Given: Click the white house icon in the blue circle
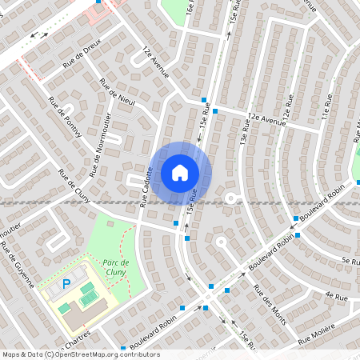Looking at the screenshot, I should coord(180,172).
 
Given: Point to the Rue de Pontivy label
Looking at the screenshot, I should coord(65,117).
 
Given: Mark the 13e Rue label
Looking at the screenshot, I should coord(242,138).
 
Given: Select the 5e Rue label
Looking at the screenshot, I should coord(350,261).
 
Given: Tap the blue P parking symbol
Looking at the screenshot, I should coord(67,284).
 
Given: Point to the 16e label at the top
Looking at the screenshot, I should coord(190,9).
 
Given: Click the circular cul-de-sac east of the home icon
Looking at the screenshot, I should coord(230,197).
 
